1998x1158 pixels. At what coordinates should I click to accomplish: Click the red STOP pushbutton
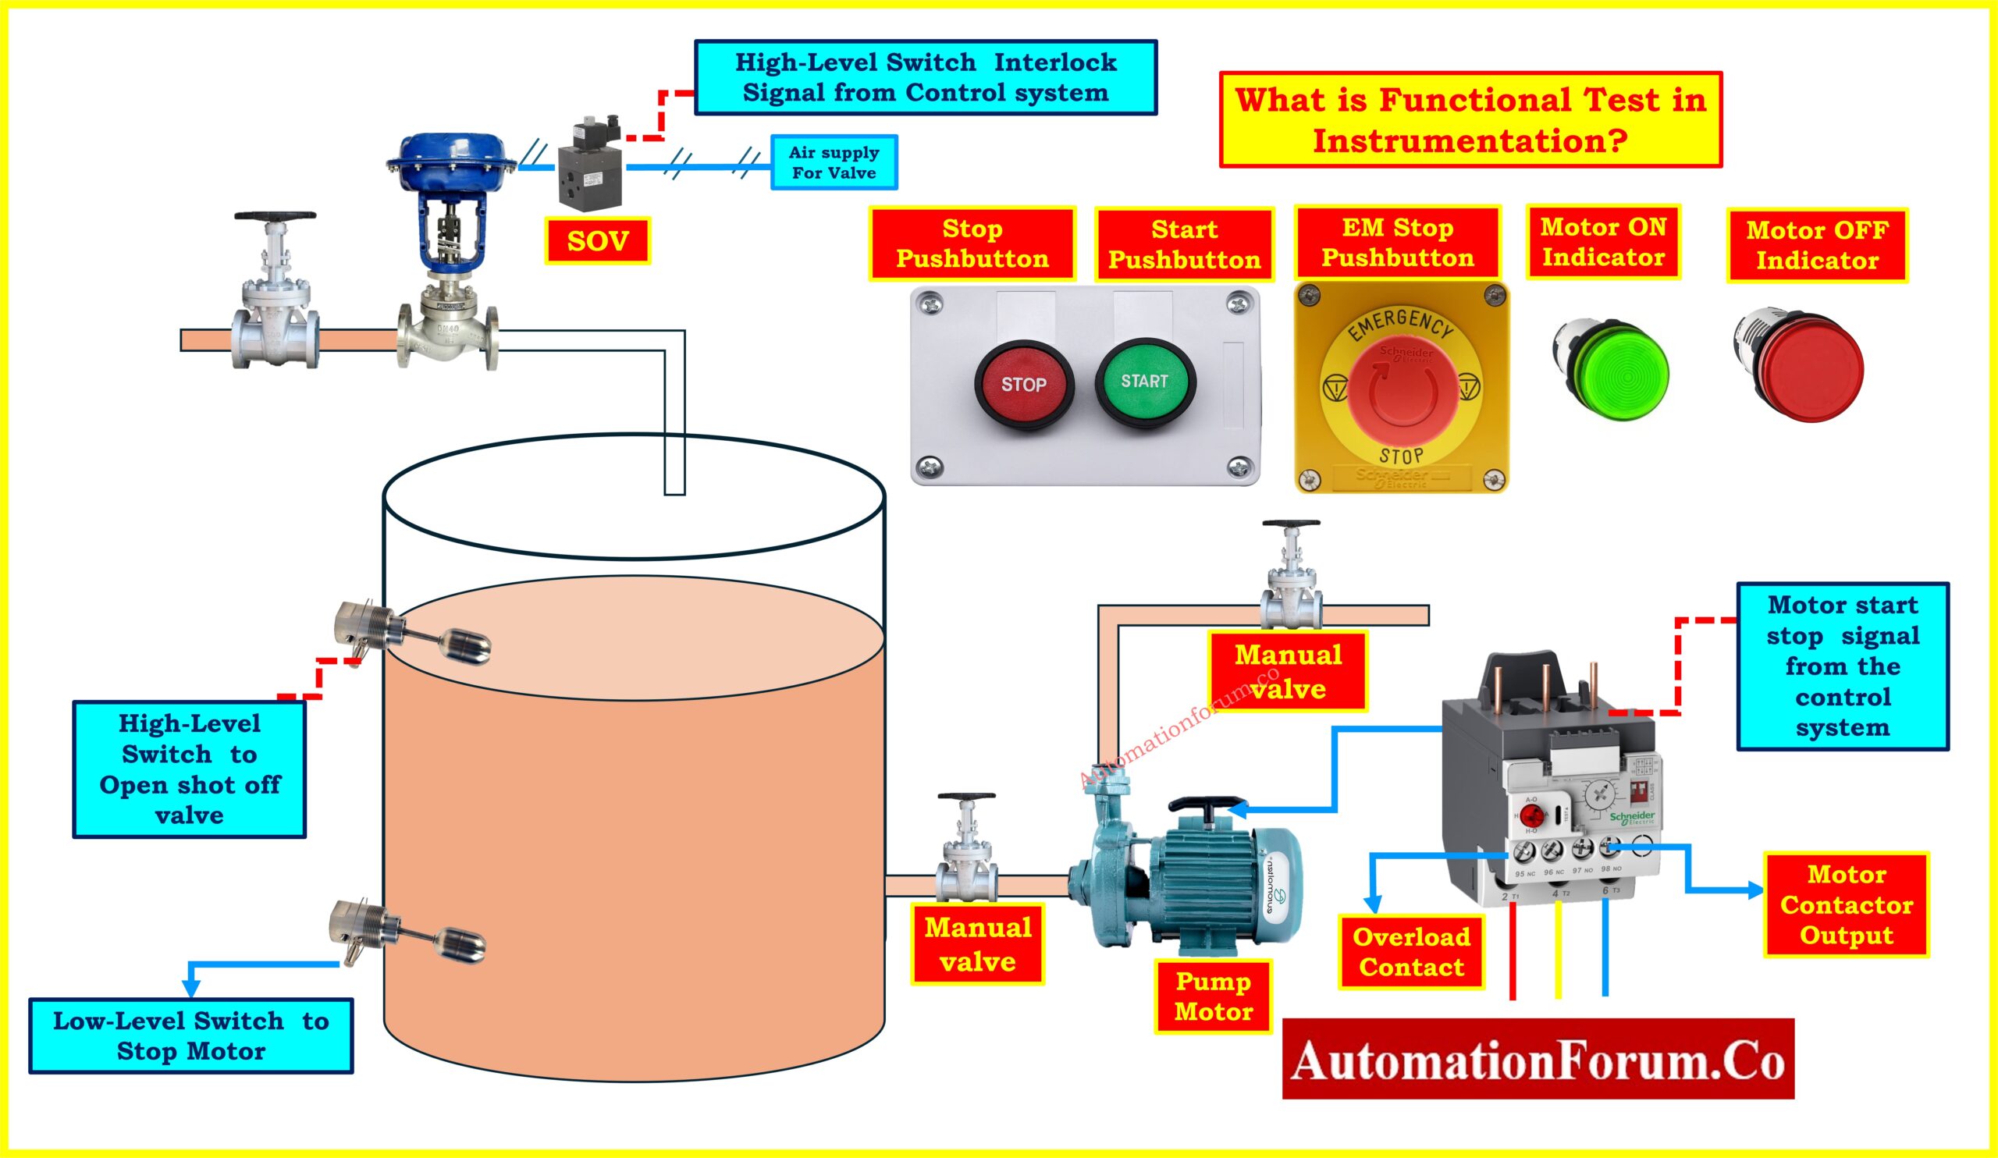(x=1023, y=385)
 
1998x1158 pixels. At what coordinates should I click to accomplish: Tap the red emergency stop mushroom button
(x=1403, y=389)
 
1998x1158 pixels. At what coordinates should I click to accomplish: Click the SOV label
(x=598, y=241)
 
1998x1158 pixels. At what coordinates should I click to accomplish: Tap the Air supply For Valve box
(x=834, y=162)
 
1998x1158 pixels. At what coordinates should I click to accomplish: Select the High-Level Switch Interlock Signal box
(x=926, y=78)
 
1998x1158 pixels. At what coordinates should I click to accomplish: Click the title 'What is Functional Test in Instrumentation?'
(x=1470, y=119)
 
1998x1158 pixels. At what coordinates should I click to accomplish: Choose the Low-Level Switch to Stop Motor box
(x=191, y=1035)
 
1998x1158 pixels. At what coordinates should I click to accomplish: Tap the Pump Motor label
(x=1213, y=996)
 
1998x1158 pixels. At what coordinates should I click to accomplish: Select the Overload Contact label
(x=1411, y=952)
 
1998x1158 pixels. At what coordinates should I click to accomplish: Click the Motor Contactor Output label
(x=1847, y=904)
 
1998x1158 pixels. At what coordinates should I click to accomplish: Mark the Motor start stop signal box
(x=1843, y=666)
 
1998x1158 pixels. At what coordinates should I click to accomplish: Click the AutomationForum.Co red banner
(x=1538, y=1060)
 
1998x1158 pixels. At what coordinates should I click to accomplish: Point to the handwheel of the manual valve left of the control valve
(x=276, y=216)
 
